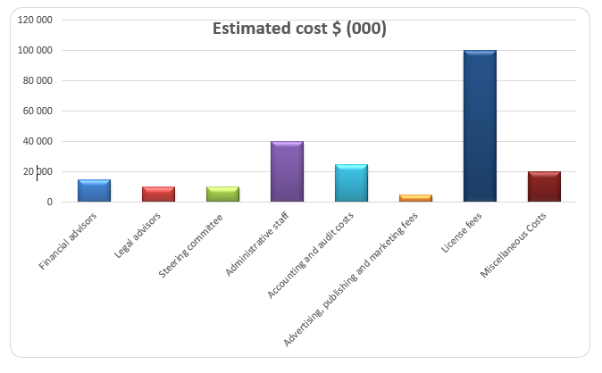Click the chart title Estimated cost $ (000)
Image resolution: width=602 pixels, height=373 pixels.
pyautogui.click(x=299, y=29)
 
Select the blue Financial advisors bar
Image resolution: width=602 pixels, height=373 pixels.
pyautogui.click(x=94, y=191)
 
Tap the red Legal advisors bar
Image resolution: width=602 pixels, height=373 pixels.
pyautogui.click(x=158, y=195)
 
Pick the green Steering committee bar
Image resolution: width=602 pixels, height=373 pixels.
pyautogui.click(x=222, y=195)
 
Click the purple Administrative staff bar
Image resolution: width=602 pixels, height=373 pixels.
pyautogui.click(x=287, y=171)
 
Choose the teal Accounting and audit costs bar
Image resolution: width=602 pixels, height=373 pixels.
pyautogui.click(x=351, y=183)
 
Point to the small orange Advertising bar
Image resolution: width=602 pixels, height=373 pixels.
pyautogui.click(x=415, y=198)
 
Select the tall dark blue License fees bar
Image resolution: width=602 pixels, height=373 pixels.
pyautogui.click(x=480, y=126)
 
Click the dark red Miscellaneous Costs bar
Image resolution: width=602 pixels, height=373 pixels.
pyautogui.click(x=544, y=186)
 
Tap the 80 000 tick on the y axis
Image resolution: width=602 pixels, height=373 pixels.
pyautogui.click(x=38, y=81)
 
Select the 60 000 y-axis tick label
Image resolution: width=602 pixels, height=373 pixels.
pyautogui.click(x=38, y=112)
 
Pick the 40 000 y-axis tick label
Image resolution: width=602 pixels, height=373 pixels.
pyautogui.click(x=38, y=142)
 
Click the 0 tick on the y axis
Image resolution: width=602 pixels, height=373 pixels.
pyautogui.click(x=50, y=203)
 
